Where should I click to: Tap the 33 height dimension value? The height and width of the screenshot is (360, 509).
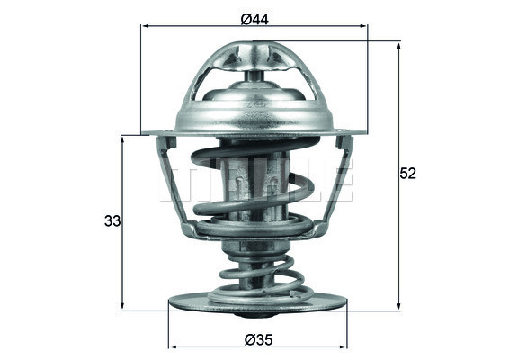click(112, 220)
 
